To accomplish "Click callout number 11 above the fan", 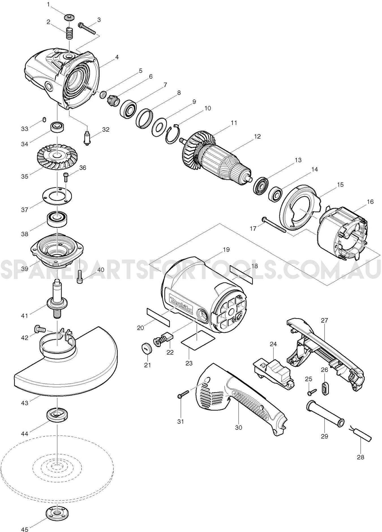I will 234,123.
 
